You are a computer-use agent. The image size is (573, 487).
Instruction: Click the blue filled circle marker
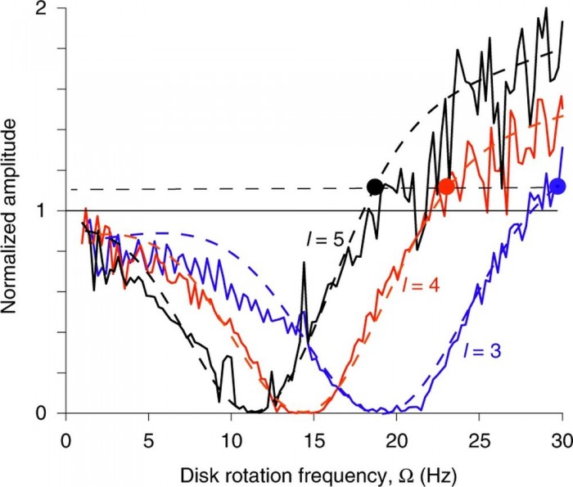point(558,186)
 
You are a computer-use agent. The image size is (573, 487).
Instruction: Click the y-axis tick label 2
point(50,9)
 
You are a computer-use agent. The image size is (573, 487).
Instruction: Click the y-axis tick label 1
point(50,211)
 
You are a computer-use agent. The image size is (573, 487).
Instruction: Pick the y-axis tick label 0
point(50,413)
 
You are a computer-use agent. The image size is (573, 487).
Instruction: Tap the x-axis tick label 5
point(148,432)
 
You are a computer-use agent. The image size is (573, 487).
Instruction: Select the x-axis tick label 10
point(231,432)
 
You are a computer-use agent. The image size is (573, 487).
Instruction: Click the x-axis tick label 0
point(65,432)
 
